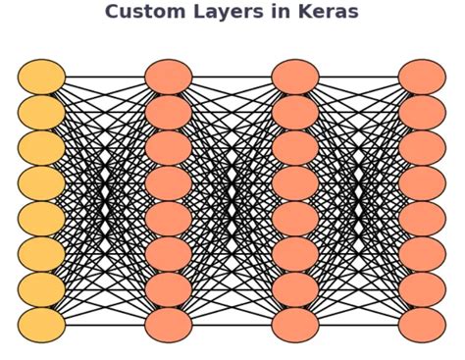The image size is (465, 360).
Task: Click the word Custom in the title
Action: (x=139, y=13)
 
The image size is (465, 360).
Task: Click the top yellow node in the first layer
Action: (x=41, y=77)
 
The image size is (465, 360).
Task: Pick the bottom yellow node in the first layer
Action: (x=41, y=325)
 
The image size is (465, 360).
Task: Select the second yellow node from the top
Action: (x=41, y=113)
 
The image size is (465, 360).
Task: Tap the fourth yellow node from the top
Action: (x=41, y=183)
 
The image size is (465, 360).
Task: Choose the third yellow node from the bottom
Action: (x=41, y=254)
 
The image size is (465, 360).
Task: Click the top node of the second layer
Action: (x=169, y=77)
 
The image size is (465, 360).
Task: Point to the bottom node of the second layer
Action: (x=169, y=325)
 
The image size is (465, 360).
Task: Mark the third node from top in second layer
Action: (x=169, y=148)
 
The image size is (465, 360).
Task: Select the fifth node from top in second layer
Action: (x=169, y=219)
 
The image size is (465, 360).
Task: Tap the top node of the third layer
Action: (x=295, y=77)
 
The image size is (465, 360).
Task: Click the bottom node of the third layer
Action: (x=295, y=325)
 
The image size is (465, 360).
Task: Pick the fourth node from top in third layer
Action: (x=295, y=183)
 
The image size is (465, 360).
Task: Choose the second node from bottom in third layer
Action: (x=295, y=289)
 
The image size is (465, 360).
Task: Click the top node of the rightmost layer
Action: (x=422, y=77)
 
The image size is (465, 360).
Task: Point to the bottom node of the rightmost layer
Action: (x=422, y=325)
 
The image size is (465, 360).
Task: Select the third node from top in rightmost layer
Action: (x=422, y=148)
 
